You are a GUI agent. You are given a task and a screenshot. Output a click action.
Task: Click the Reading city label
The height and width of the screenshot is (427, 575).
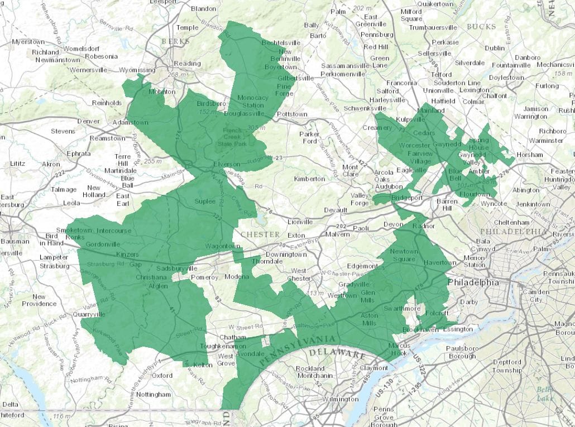click(186, 64)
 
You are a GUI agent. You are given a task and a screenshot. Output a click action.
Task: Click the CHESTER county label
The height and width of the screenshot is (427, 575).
click(259, 234)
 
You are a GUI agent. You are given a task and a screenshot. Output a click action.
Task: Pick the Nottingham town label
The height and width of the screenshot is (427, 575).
click(153, 394)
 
